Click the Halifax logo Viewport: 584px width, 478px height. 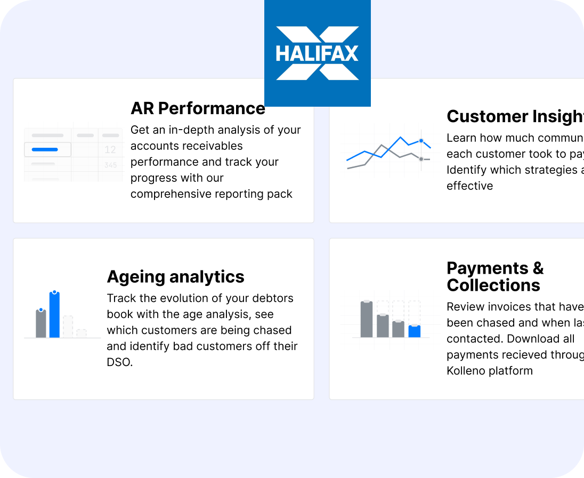click(317, 53)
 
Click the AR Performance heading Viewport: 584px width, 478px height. click(198, 108)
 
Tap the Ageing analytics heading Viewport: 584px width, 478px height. click(175, 276)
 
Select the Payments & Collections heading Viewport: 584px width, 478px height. click(494, 276)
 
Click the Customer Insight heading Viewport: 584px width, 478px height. click(515, 116)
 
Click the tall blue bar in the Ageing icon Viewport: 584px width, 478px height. click(54, 316)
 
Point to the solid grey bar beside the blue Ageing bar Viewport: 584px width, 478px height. click(41, 324)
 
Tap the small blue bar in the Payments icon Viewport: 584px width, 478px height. click(415, 331)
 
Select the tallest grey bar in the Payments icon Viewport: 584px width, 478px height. click(367, 319)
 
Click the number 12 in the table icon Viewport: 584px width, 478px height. click(110, 150)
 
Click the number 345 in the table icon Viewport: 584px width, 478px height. click(110, 165)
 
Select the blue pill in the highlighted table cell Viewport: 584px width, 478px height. click(45, 150)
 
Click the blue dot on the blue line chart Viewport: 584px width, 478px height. click(421, 141)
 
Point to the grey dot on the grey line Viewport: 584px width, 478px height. click(421, 159)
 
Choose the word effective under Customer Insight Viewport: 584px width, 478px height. click(469, 186)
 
